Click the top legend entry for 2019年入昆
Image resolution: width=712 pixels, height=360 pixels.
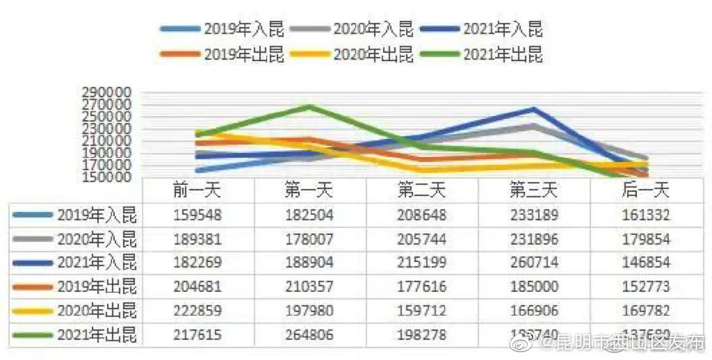pyautogui.click(x=222, y=29)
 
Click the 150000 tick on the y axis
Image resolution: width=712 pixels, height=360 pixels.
pyautogui.click(x=106, y=177)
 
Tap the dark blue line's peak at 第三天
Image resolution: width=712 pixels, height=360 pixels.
pyautogui.click(x=533, y=109)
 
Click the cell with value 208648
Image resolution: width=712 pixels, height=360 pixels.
pyautogui.click(x=421, y=215)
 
